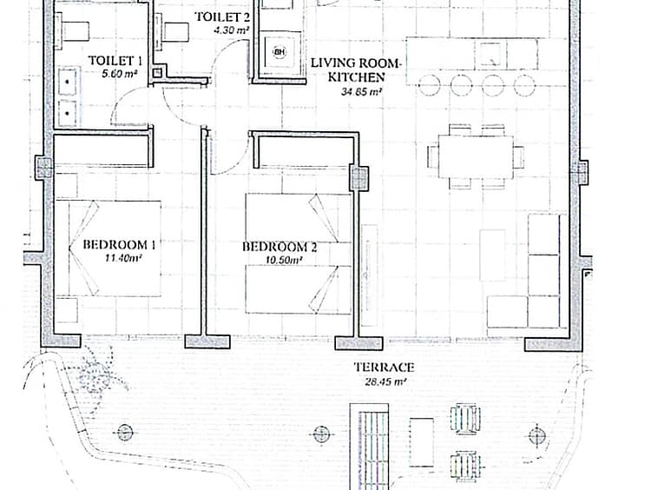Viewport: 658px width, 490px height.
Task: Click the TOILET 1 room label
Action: point(115,61)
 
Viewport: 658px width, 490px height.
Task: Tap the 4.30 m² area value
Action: point(231,30)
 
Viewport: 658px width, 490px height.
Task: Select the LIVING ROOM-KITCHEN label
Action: point(356,70)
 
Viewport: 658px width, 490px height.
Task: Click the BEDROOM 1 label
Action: point(119,244)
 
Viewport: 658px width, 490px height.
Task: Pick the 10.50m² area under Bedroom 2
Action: point(284,261)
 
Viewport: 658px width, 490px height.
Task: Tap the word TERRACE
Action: point(385,367)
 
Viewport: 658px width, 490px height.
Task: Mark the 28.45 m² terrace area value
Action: point(385,382)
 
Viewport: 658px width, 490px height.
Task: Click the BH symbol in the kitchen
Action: point(280,52)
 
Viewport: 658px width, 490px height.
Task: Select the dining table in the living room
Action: point(476,156)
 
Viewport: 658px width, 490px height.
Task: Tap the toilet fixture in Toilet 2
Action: point(171,31)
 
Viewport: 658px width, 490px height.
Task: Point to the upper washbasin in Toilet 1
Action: point(67,81)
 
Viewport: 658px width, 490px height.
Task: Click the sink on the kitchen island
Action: point(490,54)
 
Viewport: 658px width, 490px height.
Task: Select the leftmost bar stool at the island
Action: point(429,85)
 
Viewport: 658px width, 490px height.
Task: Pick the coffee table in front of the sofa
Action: point(492,255)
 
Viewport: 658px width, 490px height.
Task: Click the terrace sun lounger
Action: point(370,447)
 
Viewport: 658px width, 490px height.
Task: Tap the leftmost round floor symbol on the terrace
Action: point(125,433)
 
